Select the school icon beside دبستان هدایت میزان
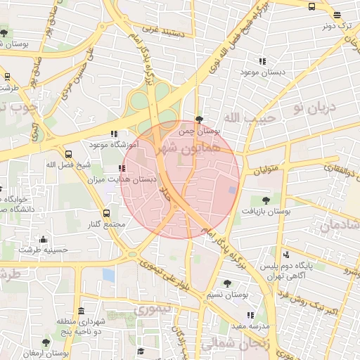click(122, 169)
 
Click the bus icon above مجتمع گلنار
click(107, 213)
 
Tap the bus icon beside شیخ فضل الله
click(68, 154)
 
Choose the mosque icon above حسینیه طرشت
click(44, 239)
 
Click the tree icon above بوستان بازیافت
click(265, 200)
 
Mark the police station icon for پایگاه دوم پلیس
click(285, 255)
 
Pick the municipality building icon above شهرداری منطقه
click(82, 310)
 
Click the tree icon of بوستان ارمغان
click(46, 342)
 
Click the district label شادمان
click(340, 225)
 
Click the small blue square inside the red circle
click(232, 191)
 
